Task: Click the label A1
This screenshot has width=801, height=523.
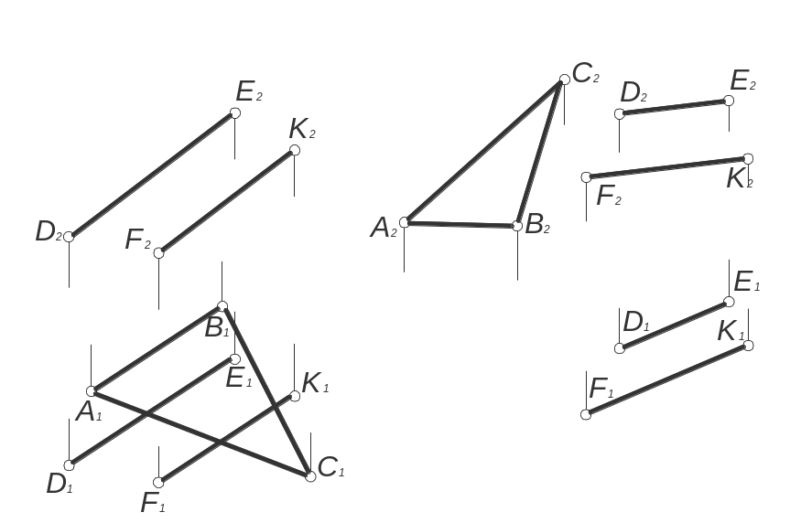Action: click(89, 411)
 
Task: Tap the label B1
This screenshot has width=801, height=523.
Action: click(217, 328)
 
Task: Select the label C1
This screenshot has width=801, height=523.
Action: click(331, 467)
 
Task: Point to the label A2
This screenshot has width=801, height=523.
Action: click(384, 228)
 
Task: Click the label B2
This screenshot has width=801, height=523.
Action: click(536, 224)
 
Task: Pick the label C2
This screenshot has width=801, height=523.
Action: click(586, 73)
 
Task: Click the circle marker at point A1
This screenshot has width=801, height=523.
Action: click(92, 391)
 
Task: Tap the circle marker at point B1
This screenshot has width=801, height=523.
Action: click(222, 306)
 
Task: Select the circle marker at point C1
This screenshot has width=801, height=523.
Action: click(310, 476)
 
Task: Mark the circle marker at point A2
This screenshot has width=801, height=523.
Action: click(405, 222)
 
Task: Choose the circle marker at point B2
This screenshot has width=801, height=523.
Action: click(517, 226)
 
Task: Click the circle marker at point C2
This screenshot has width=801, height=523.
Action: click(565, 80)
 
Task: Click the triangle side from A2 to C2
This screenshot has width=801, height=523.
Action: click(484, 151)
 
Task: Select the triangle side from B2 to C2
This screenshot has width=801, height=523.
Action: click(541, 153)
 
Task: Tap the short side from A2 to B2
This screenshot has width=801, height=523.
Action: click(460, 224)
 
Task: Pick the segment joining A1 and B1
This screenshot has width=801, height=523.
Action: click(157, 349)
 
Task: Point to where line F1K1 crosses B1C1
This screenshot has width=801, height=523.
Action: click(276, 408)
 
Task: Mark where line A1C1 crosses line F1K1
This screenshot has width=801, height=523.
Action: click(221, 442)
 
